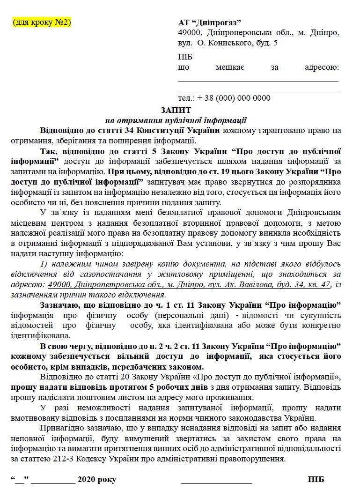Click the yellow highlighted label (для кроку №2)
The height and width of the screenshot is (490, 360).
42,22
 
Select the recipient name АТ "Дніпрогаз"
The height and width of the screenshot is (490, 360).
210,23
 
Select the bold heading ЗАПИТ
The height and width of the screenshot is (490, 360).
176,110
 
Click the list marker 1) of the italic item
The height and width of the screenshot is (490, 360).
44,264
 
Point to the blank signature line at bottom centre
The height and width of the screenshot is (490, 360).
216,481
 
